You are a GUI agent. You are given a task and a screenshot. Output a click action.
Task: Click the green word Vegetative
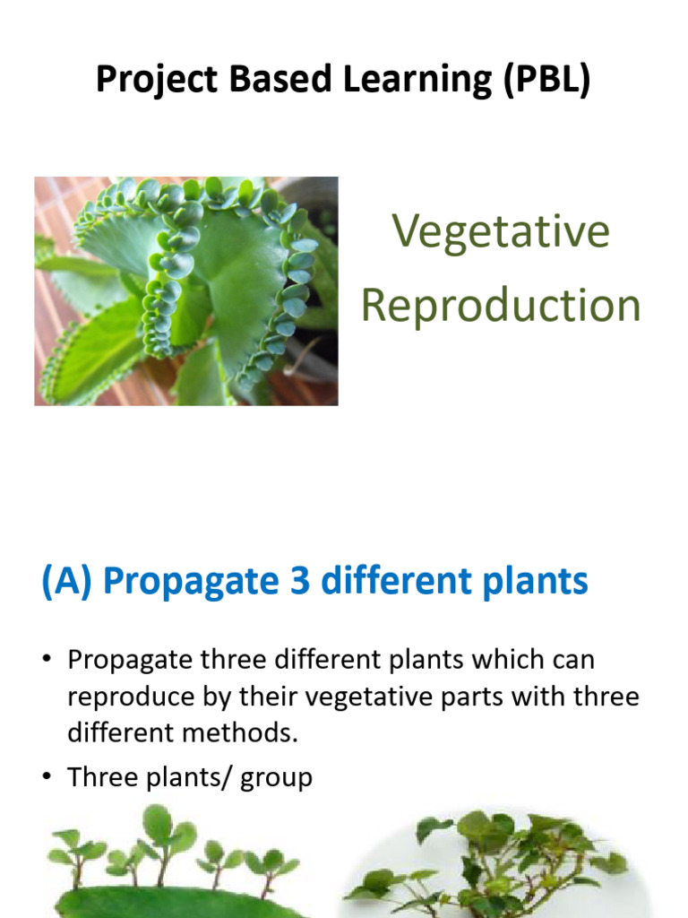(501, 232)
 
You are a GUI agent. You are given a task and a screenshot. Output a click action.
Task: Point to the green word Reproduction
(501, 305)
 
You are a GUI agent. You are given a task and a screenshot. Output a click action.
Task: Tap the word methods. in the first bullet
(239, 733)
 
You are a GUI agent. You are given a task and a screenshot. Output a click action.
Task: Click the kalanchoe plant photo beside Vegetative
(186, 290)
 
